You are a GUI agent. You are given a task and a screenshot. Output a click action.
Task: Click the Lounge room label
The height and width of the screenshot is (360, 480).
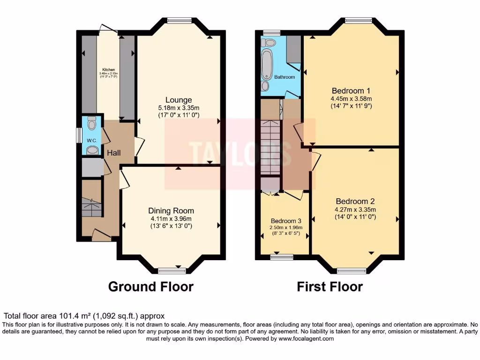(x=178, y=100)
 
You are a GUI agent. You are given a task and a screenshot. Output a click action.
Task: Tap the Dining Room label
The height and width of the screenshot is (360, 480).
(x=171, y=211)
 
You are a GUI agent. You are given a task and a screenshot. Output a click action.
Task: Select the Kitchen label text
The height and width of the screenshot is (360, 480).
(x=108, y=69)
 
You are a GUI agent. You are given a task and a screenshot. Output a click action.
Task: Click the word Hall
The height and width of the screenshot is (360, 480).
(x=113, y=153)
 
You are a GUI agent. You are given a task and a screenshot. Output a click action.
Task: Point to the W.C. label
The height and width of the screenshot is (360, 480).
(x=91, y=141)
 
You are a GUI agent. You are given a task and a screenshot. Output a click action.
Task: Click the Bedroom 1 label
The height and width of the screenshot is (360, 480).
(x=351, y=90)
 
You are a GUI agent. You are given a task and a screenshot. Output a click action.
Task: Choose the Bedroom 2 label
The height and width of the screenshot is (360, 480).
(x=355, y=202)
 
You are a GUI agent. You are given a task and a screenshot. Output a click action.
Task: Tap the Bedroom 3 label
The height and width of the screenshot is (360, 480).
(x=286, y=221)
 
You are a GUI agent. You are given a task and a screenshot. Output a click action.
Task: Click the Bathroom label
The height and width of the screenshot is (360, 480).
(x=285, y=77)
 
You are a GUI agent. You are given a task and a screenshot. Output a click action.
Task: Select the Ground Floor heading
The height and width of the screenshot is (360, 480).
(x=150, y=286)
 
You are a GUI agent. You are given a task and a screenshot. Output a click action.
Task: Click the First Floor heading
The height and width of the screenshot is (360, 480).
(x=330, y=286)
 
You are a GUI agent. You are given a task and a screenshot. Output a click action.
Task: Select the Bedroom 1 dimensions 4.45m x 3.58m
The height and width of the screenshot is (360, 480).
(x=351, y=98)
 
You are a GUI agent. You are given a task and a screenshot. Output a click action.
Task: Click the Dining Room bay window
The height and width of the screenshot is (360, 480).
(x=172, y=270)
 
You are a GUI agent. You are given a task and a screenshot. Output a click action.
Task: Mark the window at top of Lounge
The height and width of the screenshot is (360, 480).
(x=180, y=20)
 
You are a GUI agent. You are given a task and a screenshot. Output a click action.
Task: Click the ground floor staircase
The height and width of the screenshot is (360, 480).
(x=92, y=207)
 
